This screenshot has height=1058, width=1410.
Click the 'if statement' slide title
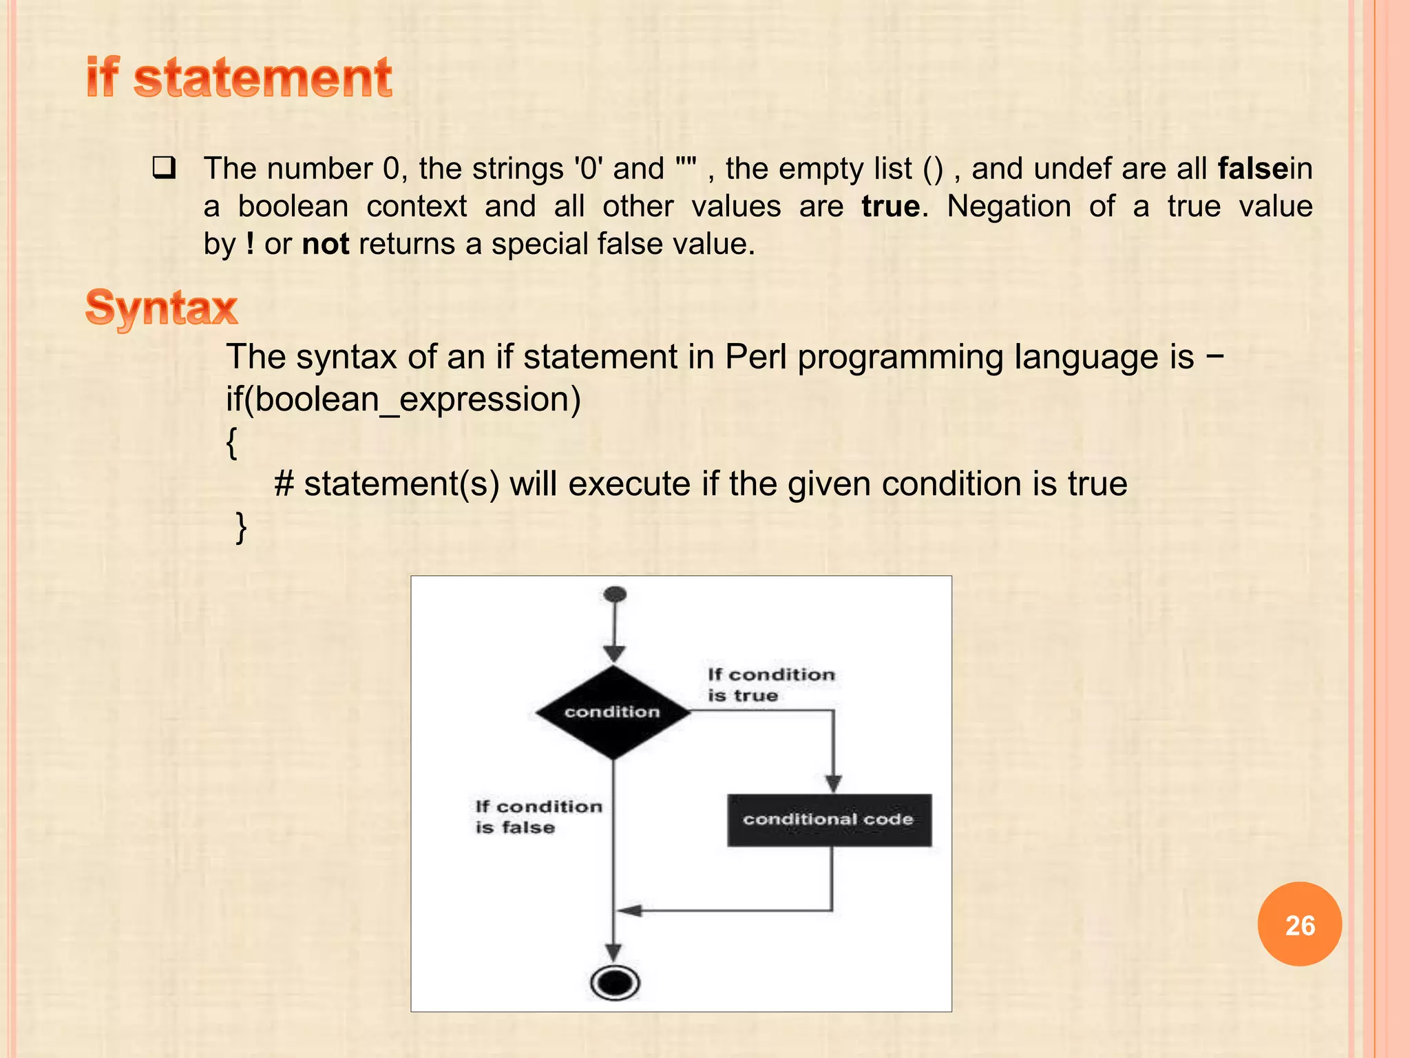click(x=239, y=78)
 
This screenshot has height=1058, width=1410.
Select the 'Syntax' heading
click(x=161, y=307)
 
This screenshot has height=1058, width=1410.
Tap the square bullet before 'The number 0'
click(x=164, y=168)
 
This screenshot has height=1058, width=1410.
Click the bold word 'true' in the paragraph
click(x=890, y=207)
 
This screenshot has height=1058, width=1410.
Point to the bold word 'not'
click(x=326, y=244)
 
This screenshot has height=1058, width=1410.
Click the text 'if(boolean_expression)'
click(x=403, y=400)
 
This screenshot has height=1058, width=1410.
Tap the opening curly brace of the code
click(x=232, y=442)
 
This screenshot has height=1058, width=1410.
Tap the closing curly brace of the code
click(x=241, y=528)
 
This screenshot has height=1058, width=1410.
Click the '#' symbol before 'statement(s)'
click(x=284, y=484)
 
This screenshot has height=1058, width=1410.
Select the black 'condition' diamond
click(x=613, y=712)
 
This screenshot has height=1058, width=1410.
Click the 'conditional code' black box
click(x=829, y=820)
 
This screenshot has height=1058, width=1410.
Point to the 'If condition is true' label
click(x=770, y=685)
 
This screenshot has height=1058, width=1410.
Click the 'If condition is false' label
click(x=538, y=817)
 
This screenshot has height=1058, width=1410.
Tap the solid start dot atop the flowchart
click(x=614, y=594)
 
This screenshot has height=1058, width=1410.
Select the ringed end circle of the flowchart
click(x=614, y=982)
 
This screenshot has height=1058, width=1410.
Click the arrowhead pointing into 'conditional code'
click(x=833, y=784)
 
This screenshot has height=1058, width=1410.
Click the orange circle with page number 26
click(x=1299, y=924)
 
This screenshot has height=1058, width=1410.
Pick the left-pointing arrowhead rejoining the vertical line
click(x=629, y=911)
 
